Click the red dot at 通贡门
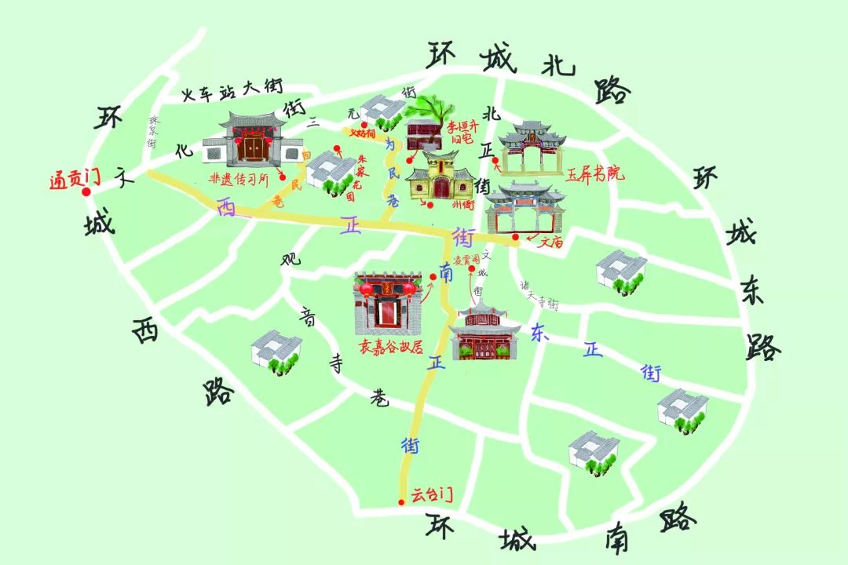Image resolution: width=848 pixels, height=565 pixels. pos(86,191)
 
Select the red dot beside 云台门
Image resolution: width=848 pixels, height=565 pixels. pos(401,502)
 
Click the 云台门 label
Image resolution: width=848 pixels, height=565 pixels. pos(431,495)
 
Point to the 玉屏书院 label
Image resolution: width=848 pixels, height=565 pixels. pos(595,174)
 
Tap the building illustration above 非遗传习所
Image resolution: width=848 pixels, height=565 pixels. pos(252,141)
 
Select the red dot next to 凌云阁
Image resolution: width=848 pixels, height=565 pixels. pos(472,270)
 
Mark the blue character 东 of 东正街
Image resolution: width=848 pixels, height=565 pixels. pos(539,331)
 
